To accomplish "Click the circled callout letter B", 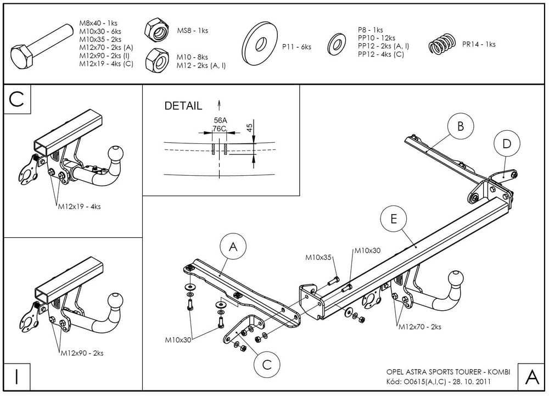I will point(460,127).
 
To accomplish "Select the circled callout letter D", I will point(506,144).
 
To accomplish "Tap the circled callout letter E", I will point(393,219).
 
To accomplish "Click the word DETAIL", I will point(183,106).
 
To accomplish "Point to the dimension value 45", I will point(249,128).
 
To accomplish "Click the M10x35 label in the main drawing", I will point(319,257).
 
